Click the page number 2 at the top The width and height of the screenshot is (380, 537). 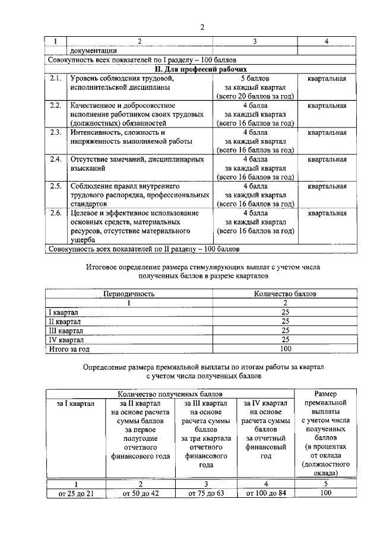pos(202,26)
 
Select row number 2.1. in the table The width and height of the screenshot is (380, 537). pos(56,78)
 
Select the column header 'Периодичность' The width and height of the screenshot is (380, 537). pos(129,294)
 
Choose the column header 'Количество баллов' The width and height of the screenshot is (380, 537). pos(285,294)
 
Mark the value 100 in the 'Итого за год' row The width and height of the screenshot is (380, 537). pos(285,349)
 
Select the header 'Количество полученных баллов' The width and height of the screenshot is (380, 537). pos(171,393)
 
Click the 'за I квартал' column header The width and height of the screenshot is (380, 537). pos(75,403)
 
